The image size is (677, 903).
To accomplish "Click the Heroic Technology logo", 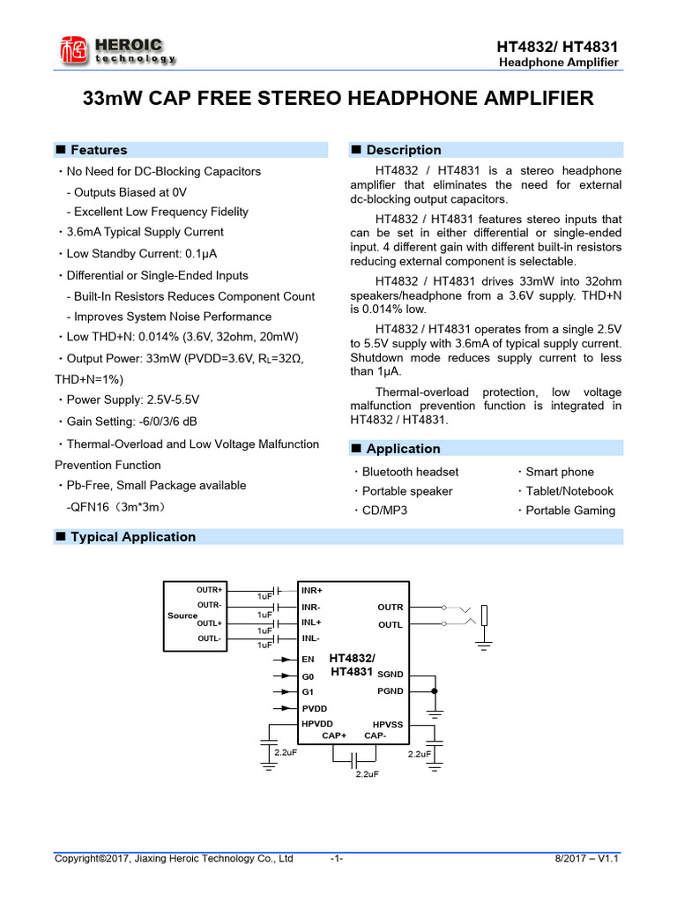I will [115, 49].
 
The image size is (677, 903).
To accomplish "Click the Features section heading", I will [98, 150].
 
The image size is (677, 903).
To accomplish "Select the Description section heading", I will [403, 150].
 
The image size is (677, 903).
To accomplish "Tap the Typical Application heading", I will [132, 537].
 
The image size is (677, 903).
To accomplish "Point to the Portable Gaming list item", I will [570, 511].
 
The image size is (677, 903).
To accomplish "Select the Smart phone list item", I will [560, 472].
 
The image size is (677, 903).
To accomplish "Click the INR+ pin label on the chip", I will [312, 590].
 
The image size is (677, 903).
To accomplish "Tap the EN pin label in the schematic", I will [308, 659].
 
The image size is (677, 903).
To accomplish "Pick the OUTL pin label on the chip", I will [390, 624].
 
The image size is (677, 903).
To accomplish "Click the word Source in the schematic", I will [182, 616].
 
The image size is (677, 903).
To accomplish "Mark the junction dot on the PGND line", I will [435, 691].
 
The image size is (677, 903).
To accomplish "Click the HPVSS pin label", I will [388, 724].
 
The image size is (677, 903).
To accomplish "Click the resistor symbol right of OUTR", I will [484, 616].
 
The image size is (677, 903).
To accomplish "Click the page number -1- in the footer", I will [336, 858].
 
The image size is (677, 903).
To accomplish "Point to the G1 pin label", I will [308, 692].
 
